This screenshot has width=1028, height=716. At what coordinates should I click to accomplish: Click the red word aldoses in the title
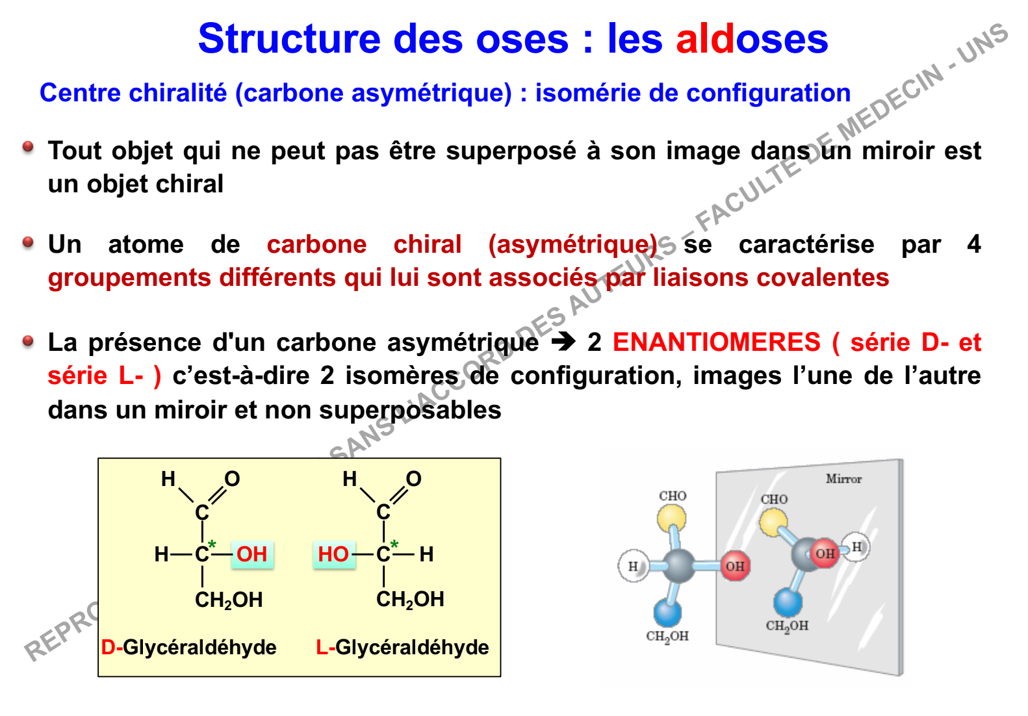(752, 38)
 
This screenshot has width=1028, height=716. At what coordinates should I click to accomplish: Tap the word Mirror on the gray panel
(843, 479)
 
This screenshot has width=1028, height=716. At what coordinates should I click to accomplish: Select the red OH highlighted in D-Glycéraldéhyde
(251, 554)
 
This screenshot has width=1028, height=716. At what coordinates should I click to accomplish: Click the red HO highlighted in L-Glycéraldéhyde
(333, 554)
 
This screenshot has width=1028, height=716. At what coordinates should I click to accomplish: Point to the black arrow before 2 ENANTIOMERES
(563, 342)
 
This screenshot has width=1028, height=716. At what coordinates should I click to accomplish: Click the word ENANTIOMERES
(717, 342)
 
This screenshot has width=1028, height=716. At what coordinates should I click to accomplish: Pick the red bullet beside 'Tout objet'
(28, 147)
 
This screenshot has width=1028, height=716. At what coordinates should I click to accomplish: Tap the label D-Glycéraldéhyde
(188, 647)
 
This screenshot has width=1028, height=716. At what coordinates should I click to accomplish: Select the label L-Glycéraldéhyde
(402, 647)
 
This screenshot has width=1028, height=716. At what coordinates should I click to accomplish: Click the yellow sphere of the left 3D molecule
(671, 518)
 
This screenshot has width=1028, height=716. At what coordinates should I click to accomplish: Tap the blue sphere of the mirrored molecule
(788, 602)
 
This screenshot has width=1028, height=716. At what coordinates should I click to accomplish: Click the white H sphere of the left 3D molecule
(634, 566)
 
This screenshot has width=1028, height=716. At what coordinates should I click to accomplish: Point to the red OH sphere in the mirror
(825, 554)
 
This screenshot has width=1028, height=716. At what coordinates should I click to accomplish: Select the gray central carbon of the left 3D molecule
(679, 566)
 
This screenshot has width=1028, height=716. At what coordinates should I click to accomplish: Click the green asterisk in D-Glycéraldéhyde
(212, 545)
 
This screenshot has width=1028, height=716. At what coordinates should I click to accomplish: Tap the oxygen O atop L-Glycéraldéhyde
(413, 479)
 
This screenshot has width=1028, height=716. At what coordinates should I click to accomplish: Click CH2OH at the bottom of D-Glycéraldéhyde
(229, 600)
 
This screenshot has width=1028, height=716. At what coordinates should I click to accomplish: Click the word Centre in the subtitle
(81, 93)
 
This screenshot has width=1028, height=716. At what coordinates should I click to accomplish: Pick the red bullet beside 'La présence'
(28, 341)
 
